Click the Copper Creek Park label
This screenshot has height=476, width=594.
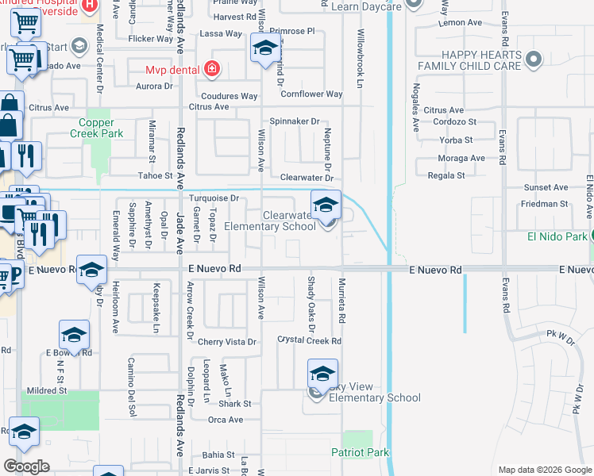pos(101,128)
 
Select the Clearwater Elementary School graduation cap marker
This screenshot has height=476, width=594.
pos(325,205)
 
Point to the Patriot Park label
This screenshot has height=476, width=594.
pos(361,452)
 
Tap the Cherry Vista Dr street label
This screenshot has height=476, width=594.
pos(228,342)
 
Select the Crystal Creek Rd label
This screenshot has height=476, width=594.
pos(309,340)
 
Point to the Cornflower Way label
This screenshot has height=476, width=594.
pos(311,94)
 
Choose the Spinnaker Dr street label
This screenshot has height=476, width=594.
pos(294,121)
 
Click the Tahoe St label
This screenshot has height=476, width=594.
pos(155,175)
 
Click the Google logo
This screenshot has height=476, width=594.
pos(26,466)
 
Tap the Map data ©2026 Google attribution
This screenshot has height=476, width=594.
pos(544,470)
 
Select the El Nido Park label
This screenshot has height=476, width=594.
pos(556,236)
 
